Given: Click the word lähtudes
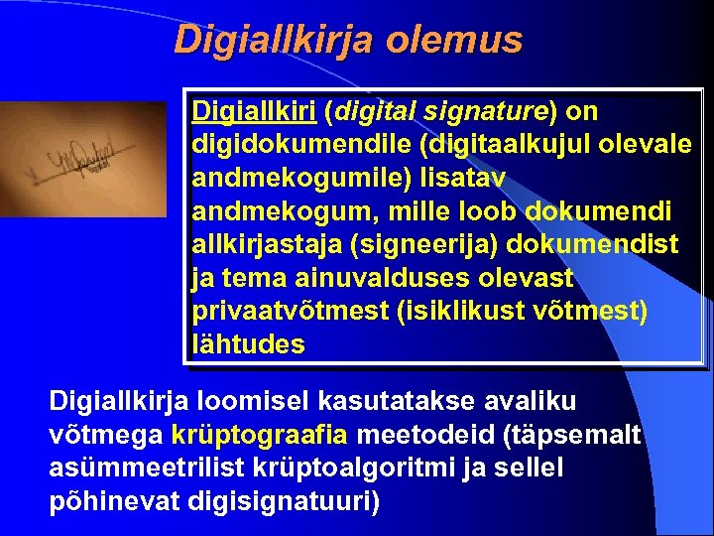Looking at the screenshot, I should (x=249, y=345).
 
